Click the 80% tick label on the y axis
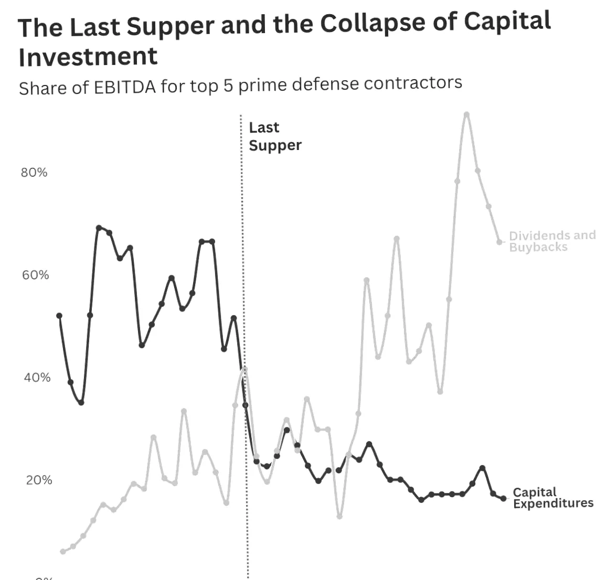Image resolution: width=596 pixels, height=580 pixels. click(x=34, y=173)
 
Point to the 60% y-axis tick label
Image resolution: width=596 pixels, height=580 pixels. click(x=35, y=275)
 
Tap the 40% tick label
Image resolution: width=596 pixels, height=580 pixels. click(x=36, y=378)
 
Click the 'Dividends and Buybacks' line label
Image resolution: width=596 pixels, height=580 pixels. click(x=552, y=241)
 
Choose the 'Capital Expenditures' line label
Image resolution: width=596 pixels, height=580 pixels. click(x=553, y=498)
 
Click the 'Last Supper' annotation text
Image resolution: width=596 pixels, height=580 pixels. click(x=275, y=136)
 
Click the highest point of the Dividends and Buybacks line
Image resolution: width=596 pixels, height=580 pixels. click(x=466, y=114)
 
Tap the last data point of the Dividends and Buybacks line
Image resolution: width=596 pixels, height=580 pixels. click(x=499, y=242)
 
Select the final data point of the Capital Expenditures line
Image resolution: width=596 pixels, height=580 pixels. click(x=504, y=499)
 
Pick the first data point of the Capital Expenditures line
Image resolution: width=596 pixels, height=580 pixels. click(x=59, y=316)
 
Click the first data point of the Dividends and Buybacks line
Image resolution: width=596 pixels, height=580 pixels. click(x=63, y=552)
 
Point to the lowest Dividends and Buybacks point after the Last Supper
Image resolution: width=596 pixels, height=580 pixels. click(x=339, y=517)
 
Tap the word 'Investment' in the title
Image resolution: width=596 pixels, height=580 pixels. click(x=88, y=56)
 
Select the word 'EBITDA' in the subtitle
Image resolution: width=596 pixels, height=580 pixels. click(x=125, y=87)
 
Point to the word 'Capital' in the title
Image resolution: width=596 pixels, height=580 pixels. click(x=507, y=21)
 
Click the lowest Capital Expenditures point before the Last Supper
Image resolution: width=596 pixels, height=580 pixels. click(x=81, y=402)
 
